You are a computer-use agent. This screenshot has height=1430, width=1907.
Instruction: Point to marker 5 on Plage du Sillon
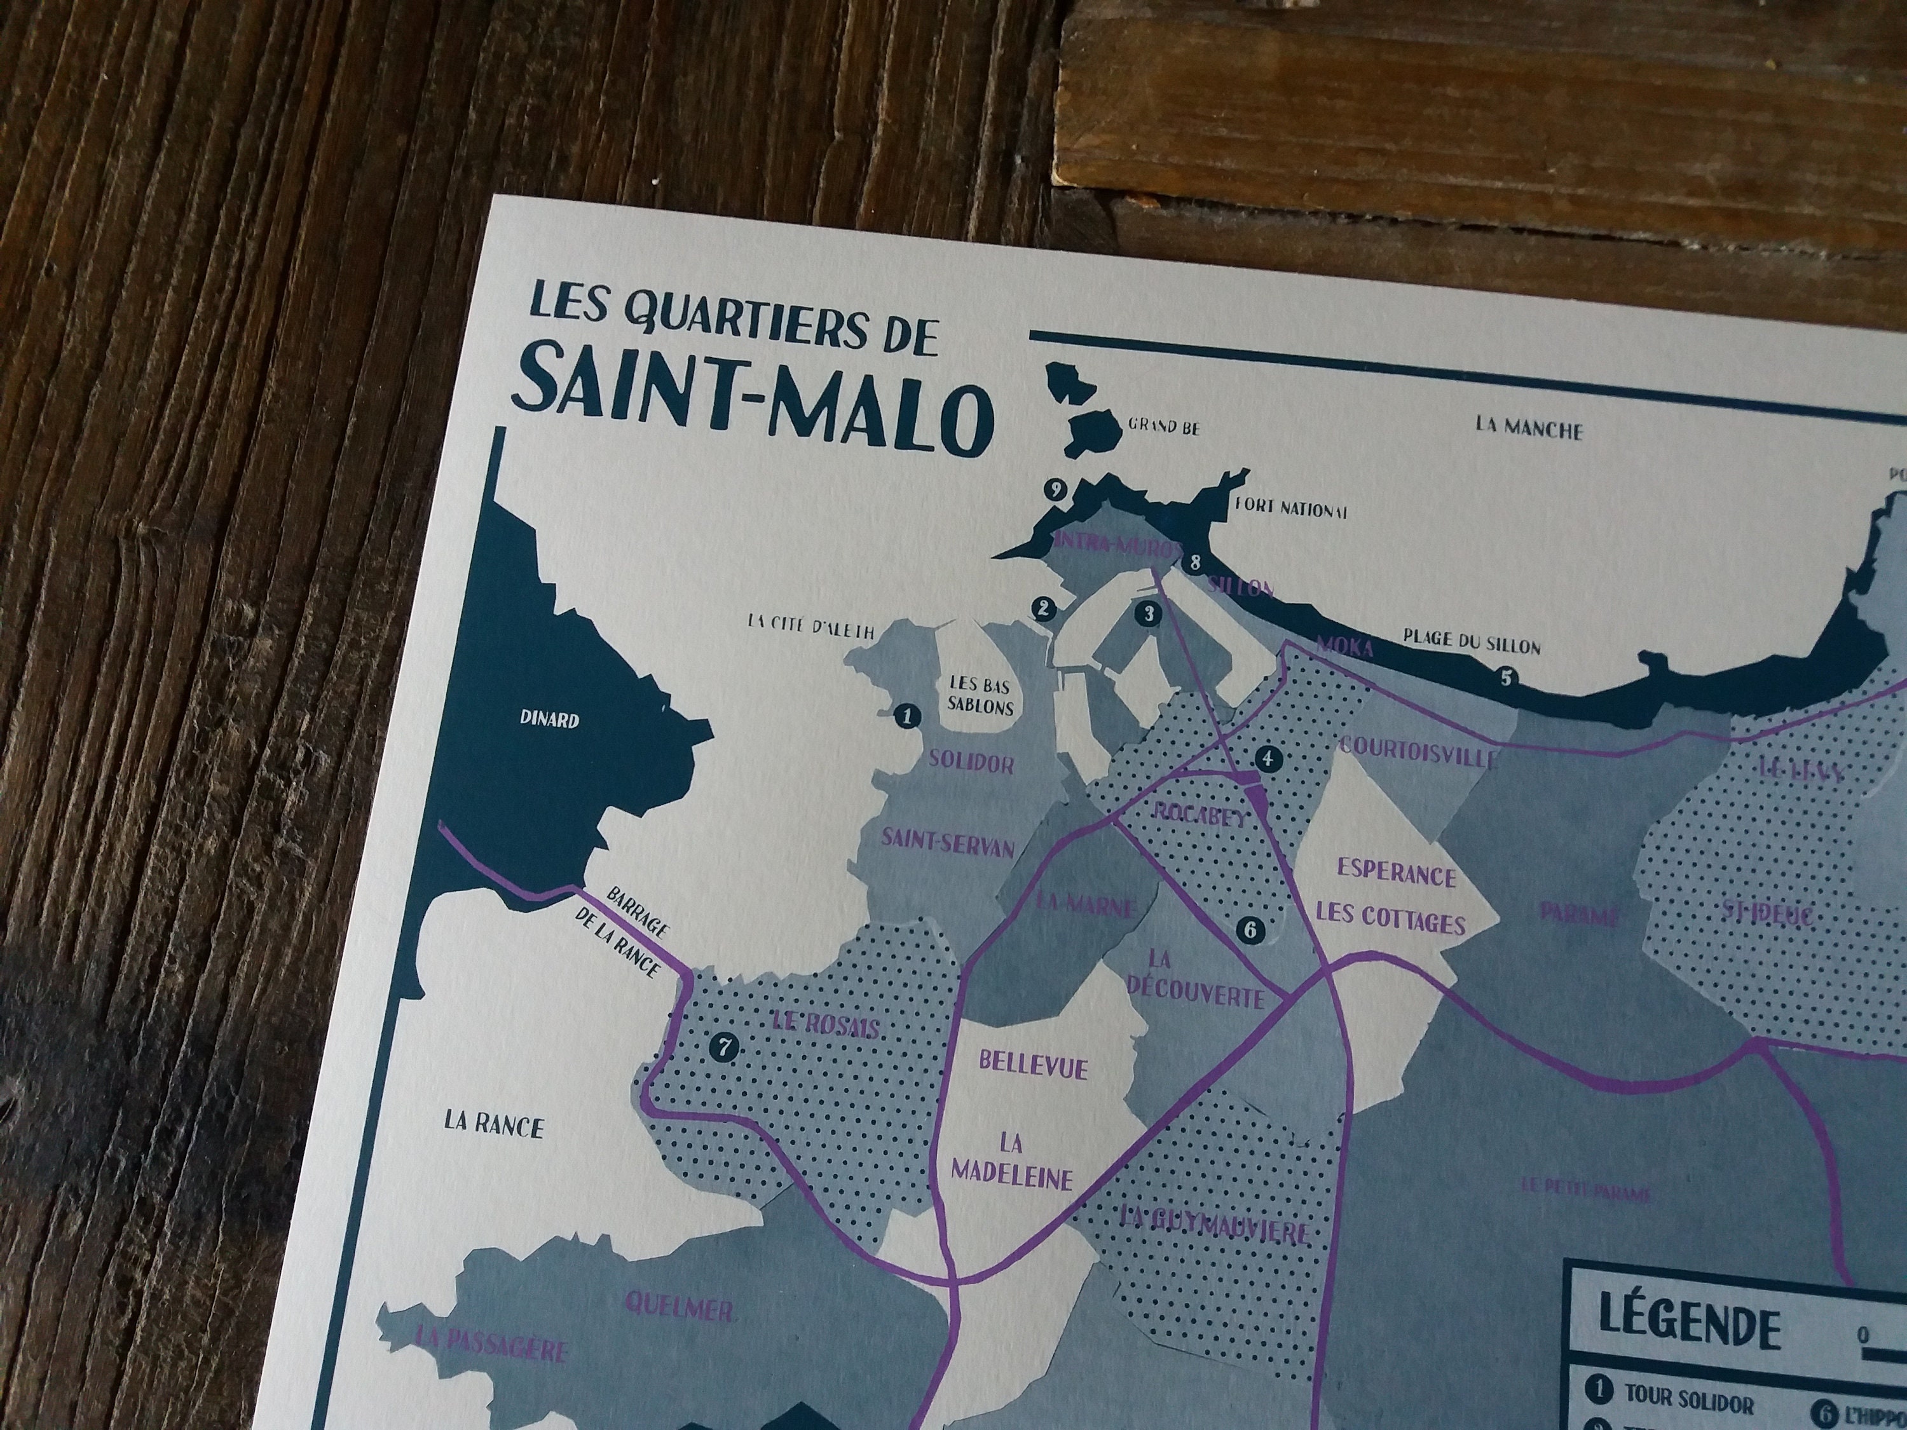(x=1506, y=677)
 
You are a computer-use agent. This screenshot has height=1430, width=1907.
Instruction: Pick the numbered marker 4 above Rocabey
(x=1268, y=758)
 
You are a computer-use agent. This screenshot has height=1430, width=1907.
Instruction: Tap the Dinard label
(x=549, y=719)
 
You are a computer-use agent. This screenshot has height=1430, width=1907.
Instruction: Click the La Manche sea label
(x=1529, y=428)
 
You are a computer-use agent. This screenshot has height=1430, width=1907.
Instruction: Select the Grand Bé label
(x=1164, y=426)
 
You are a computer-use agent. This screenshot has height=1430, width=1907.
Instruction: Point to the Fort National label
(x=1290, y=508)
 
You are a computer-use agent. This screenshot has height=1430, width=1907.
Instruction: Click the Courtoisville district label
(x=1416, y=752)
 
